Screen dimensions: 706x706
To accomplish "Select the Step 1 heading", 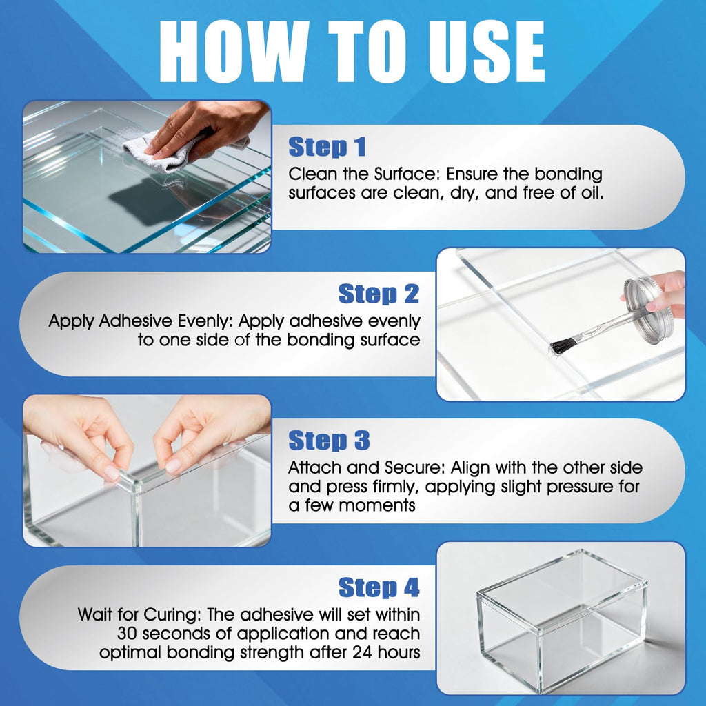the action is [327, 147].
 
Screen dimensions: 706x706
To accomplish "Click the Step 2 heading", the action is [379, 294].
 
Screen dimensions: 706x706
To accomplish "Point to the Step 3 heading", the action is [329, 440].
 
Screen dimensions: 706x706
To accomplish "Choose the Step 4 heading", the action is [379, 587].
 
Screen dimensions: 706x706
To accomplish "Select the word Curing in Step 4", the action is [173, 614].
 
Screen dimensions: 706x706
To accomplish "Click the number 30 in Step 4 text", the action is [128, 634].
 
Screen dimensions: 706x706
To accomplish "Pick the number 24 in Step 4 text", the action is [363, 652].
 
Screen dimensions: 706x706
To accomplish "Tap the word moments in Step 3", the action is [377, 505].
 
